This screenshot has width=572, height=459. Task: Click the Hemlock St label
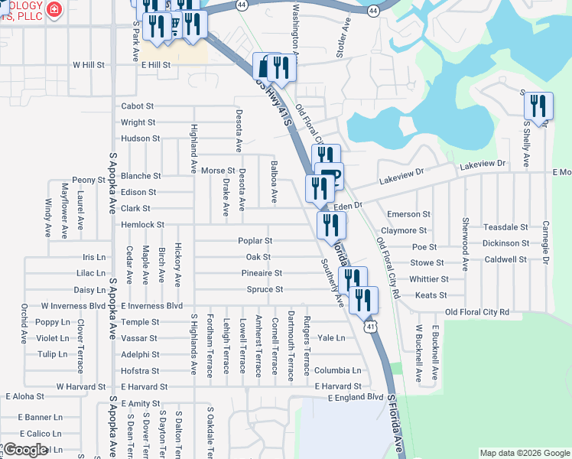point(142,225)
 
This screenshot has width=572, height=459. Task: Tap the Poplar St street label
point(255,240)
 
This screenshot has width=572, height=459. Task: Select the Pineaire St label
point(262,273)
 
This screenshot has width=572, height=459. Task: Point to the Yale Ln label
point(331,337)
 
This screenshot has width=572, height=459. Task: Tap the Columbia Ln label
point(336,370)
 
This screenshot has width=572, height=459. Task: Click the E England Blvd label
point(355,398)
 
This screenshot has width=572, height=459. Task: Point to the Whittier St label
point(428,279)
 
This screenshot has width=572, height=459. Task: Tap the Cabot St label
point(138,106)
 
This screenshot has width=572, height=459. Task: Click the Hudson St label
point(140,139)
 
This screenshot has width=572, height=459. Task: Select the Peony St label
point(89,180)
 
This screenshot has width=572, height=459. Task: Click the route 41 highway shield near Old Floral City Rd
point(369,327)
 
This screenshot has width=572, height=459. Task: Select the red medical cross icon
point(54,9)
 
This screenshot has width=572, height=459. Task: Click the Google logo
point(25,450)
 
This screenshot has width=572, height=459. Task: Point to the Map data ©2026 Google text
point(524,453)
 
